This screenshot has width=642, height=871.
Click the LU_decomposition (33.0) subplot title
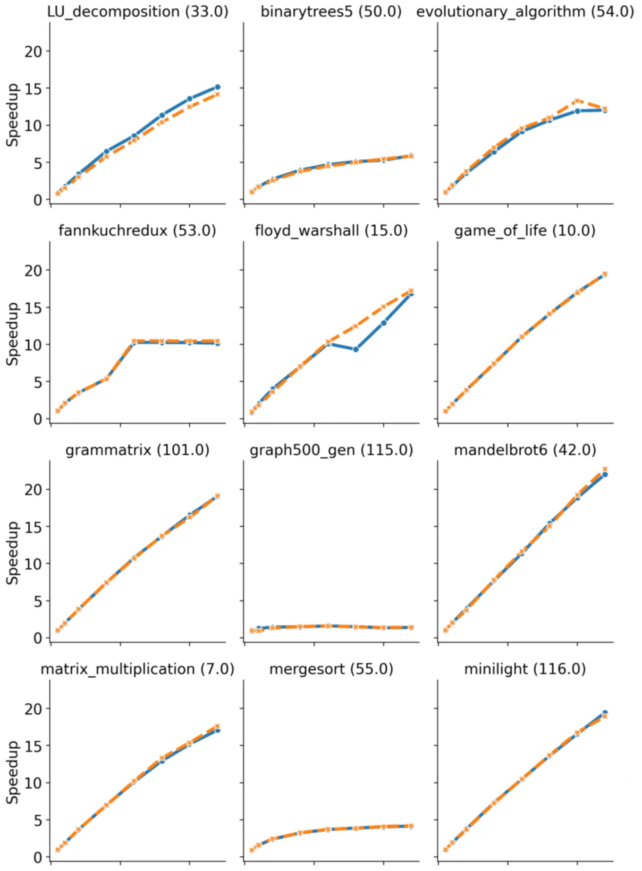(x=137, y=11)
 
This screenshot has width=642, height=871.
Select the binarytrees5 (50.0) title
(x=331, y=11)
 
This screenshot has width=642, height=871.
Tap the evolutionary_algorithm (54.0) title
(x=525, y=11)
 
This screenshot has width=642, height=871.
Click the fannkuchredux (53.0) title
(x=137, y=231)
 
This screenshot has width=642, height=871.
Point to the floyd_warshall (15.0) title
(x=331, y=231)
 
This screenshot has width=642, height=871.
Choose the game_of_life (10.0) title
(x=525, y=231)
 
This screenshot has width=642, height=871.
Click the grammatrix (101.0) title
(x=137, y=450)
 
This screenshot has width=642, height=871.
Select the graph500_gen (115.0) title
(x=331, y=450)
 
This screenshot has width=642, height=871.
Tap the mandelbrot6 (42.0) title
(x=525, y=450)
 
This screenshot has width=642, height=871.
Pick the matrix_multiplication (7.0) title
(x=137, y=669)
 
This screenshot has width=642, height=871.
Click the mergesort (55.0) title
(x=331, y=669)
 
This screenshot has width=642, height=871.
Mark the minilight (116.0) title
(x=525, y=669)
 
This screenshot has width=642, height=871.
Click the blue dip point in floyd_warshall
(x=355, y=350)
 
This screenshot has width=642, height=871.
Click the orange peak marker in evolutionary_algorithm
(x=577, y=101)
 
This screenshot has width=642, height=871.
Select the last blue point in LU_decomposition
(x=218, y=87)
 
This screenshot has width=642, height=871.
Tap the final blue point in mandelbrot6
(x=605, y=474)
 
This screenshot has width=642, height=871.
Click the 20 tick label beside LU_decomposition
(x=33, y=51)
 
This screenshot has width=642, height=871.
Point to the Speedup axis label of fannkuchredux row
(x=13, y=333)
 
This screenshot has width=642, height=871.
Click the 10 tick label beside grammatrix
(x=33, y=564)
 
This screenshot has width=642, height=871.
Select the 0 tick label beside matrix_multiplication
(x=38, y=857)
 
